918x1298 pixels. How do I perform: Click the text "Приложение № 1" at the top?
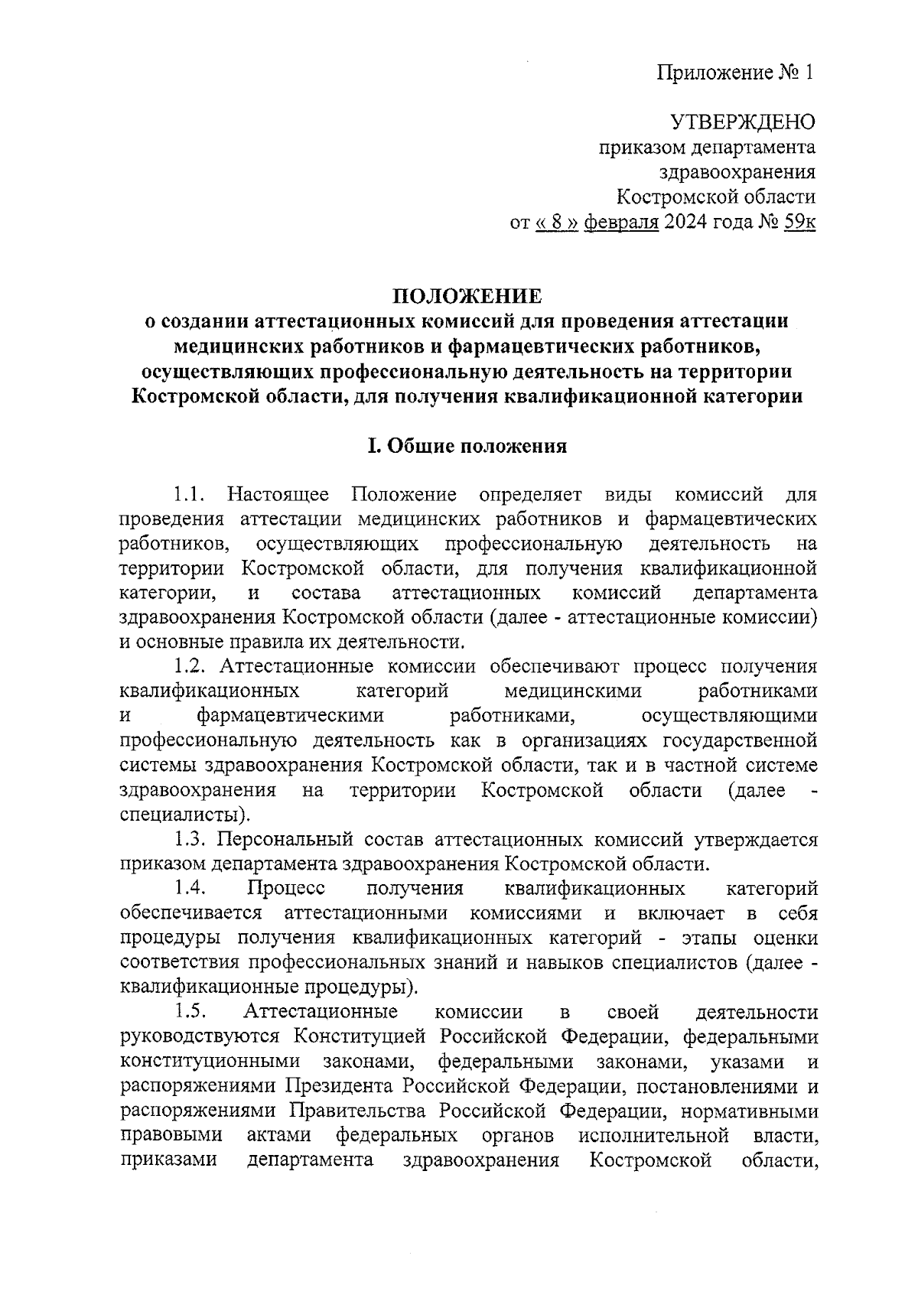tap(735, 73)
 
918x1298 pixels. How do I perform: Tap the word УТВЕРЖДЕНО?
tap(743, 122)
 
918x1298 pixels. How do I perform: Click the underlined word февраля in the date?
tap(621, 222)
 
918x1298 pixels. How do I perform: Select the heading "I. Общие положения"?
tap(467, 446)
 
